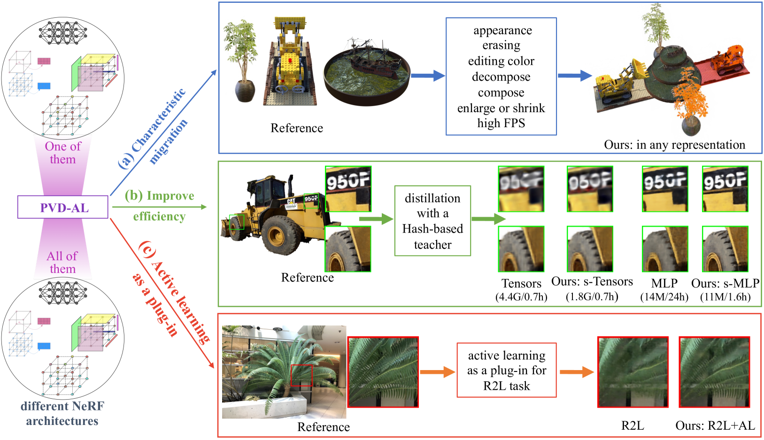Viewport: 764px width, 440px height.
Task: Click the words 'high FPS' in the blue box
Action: point(501,123)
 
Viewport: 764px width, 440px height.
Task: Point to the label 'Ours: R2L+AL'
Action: point(715,425)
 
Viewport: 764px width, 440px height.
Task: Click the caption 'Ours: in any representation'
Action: point(674,145)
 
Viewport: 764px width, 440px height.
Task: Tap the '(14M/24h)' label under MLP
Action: point(664,297)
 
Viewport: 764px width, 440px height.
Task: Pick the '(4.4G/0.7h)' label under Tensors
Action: point(521,297)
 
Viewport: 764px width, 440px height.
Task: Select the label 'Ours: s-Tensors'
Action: point(592,281)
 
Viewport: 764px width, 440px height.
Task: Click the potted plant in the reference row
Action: point(242,61)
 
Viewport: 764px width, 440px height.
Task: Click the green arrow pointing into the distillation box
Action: point(376,219)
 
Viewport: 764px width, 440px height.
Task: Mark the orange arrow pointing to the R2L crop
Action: point(577,372)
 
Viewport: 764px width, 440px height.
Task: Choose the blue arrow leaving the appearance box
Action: point(575,76)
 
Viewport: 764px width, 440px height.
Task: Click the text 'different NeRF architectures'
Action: point(62,413)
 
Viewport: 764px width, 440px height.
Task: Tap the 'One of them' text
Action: point(63,153)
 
